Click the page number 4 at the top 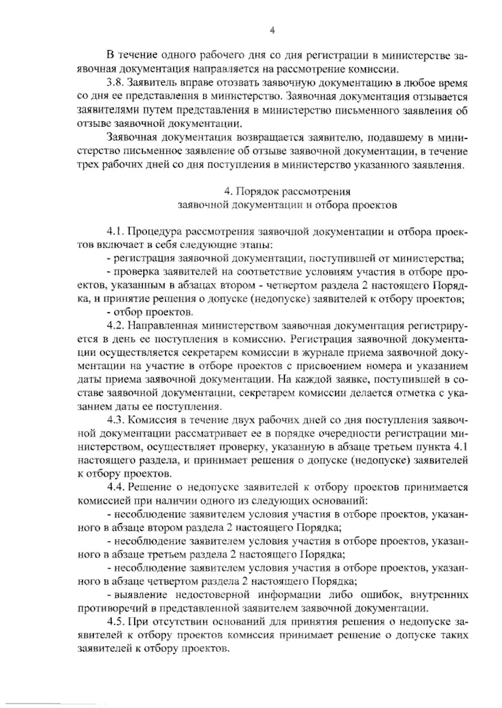pyautogui.click(x=272, y=30)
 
